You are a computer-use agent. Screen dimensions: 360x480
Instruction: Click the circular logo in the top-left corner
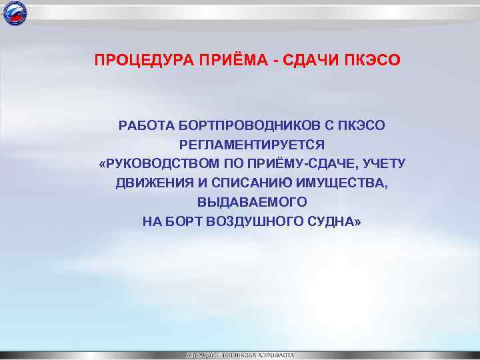click(x=15, y=13)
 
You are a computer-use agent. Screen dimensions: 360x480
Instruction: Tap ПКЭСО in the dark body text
click(x=364, y=125)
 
